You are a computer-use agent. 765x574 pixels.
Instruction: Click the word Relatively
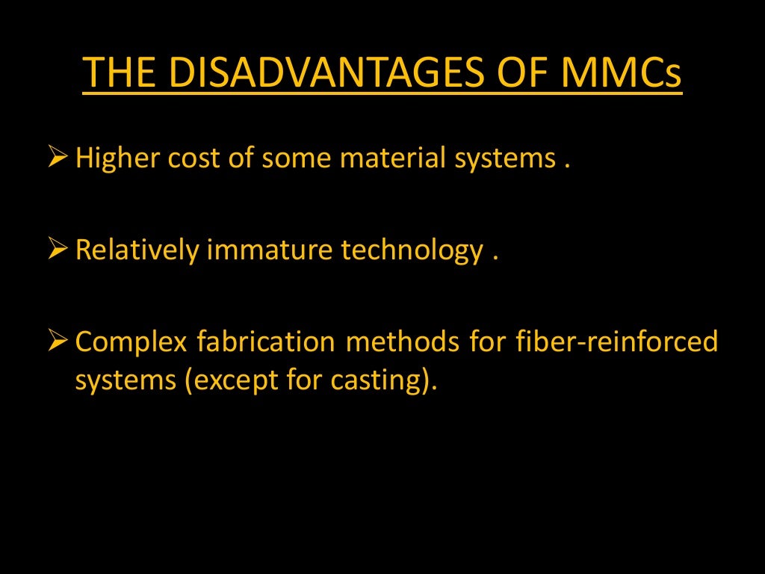137,251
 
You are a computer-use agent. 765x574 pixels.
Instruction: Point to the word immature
270,251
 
